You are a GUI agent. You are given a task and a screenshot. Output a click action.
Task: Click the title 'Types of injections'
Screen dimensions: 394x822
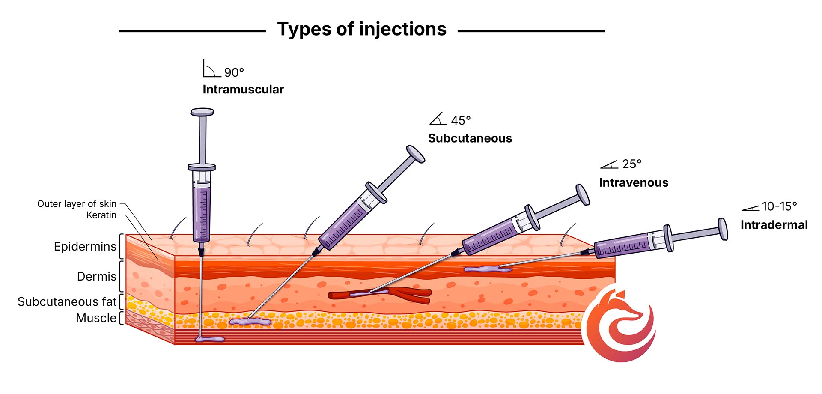(x=362, y=29)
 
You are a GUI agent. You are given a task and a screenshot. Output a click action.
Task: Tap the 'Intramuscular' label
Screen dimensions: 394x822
(x=243, y=90)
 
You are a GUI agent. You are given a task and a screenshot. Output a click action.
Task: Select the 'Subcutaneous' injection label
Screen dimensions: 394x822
(x=470, y=138)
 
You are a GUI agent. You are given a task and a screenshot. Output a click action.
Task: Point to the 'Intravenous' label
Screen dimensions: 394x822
(x=634, y=183)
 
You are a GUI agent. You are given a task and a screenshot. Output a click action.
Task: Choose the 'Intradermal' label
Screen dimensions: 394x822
(x=774, y=225)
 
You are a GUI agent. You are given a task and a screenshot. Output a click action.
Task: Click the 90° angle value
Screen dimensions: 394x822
(x=234, y=72)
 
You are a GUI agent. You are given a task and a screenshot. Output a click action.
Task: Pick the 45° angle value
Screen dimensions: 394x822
(x=461, y=121)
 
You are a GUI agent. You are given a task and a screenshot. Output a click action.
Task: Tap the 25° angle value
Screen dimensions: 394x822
(x=632, y=164)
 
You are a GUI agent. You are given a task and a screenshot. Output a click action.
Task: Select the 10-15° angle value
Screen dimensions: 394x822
(x=779, y=206)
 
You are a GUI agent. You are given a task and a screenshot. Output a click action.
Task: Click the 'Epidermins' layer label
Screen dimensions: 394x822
(x=85, y=247)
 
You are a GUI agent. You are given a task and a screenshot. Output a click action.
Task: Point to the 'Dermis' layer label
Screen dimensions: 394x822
(x=97, y=277)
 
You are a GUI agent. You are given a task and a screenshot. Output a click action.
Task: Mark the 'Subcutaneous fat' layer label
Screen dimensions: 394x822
(x=67, y=302)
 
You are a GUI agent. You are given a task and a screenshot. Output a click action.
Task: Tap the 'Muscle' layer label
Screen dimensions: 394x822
(x=96, y=318)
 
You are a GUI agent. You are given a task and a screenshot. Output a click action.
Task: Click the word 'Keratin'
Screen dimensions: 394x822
(x=101, y=215)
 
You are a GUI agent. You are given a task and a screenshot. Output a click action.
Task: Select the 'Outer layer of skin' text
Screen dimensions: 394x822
(x=77, y=204)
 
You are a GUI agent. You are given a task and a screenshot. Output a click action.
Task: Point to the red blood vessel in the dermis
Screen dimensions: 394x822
(x=411, y=294)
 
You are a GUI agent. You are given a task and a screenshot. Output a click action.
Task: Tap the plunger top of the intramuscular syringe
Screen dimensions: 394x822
(x=202, y=113)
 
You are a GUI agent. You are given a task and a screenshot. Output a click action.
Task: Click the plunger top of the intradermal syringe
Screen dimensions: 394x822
(x=723, y=229)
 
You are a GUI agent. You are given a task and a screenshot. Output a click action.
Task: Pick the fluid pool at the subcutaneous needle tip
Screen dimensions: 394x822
(x=250, y=322)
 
